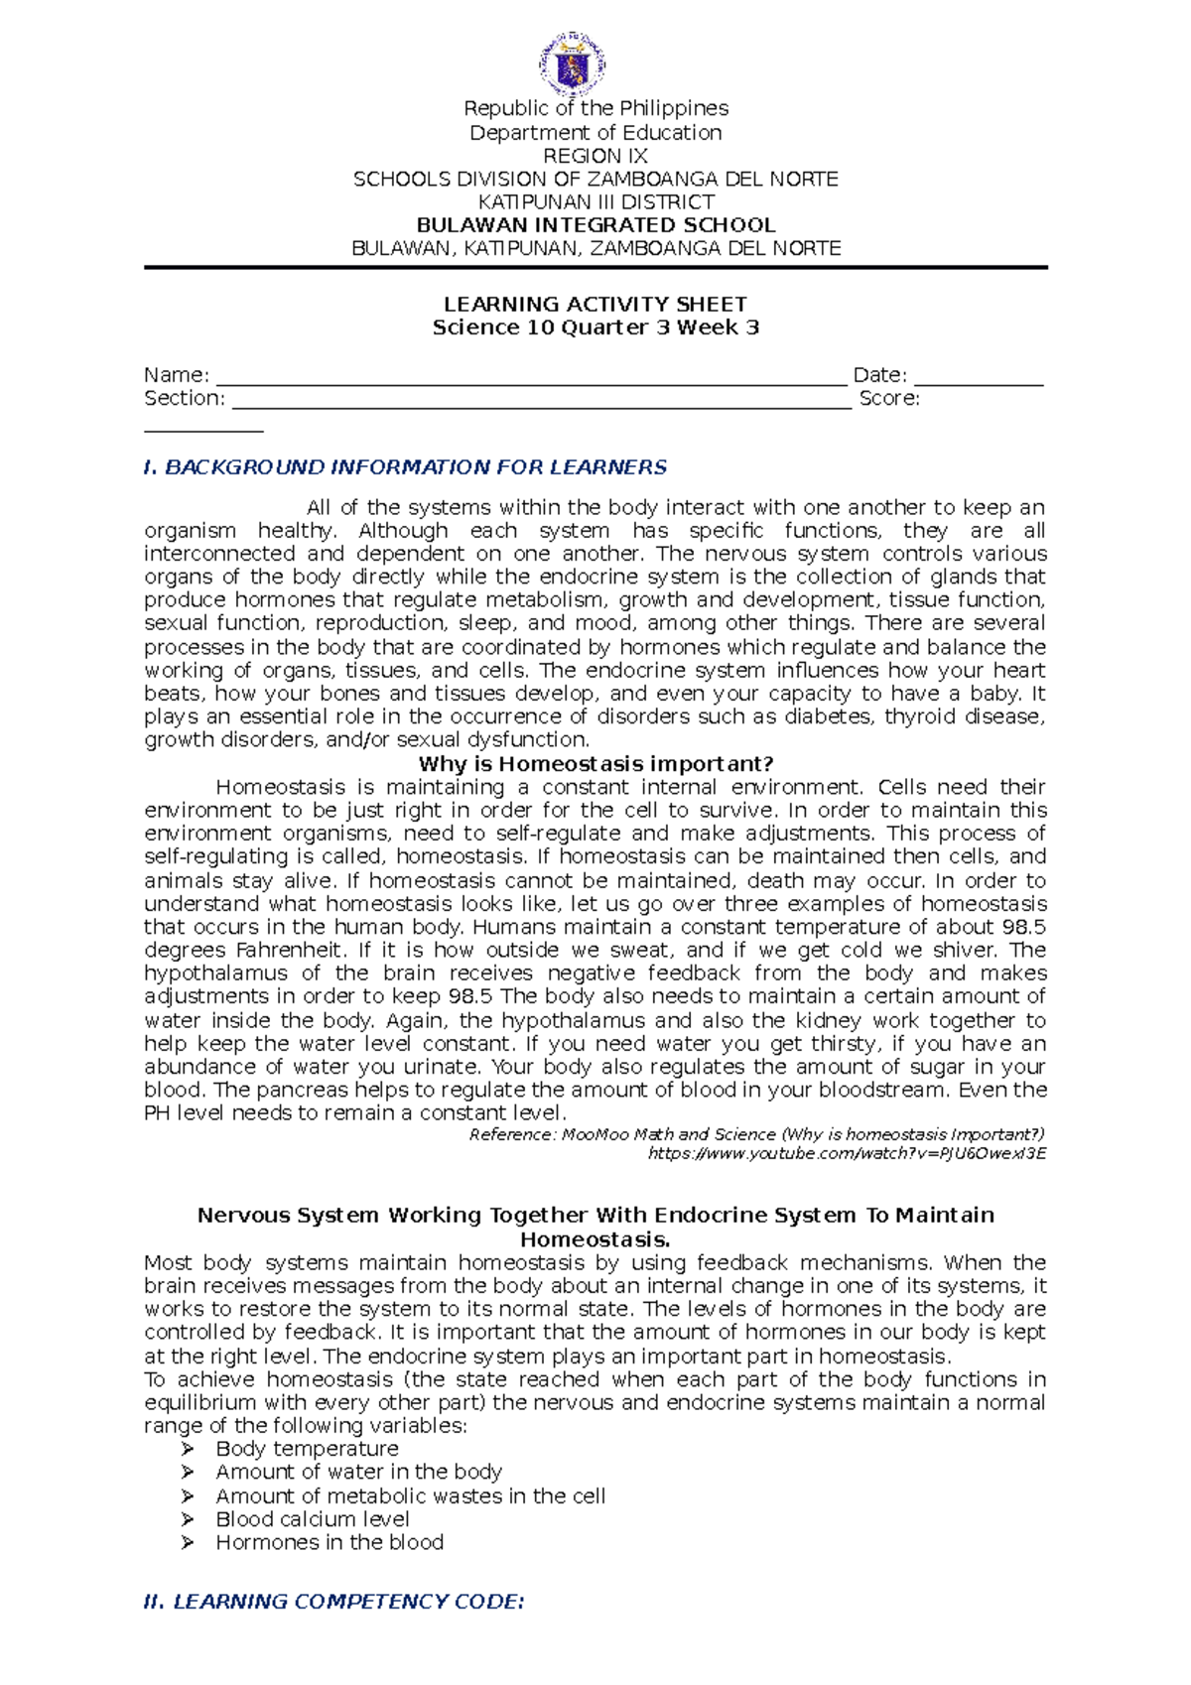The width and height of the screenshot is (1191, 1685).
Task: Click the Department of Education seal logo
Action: pyautogui.click(x=573, y=65)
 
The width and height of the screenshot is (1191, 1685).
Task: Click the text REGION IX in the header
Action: pyautogui.click(x=595, y=156)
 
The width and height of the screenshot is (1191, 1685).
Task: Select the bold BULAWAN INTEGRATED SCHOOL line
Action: pyautogui.click(x=595, y=225)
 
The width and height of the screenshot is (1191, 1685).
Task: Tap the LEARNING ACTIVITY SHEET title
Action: pyautogui.click(x=595, y=305)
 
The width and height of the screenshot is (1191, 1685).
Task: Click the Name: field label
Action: pyautogui.click(x=177, y=375)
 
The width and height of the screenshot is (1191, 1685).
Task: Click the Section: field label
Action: pyautogui.click(x=185, y=398)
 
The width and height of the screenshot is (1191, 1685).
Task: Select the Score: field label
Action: pyautogui.click(x=889, y=398)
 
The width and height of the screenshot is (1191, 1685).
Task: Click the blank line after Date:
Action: pyautogui.click(x=979, y=380)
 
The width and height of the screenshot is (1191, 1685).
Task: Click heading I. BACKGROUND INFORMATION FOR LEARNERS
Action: pyautogui.click(x=405, y=467)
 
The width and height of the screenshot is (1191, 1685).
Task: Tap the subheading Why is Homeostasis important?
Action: pyautogui.click(x=595, y=764)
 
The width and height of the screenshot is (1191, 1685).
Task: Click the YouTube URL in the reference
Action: pyautogui.click(x=847, y=1153)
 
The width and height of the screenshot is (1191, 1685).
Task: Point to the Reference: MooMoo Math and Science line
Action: pyautogui.click(x=756, y=1134)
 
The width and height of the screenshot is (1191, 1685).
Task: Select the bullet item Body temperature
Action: pyautogui.click(x=307, y=1449)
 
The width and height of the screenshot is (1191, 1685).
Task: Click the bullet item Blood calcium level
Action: pyautogui.click(x=313, y=1519)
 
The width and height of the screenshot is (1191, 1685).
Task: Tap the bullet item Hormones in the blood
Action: pyautogui.click(x=330, y=1542)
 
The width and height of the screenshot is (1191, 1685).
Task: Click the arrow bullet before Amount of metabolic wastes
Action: pyautogui.click(x=188, y=1496)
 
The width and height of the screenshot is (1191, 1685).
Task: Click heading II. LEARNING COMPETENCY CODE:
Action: pyautogui.click(x=333, y=1602)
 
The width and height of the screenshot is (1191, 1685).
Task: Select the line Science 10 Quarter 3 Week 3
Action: pyautogui.click(x=595, y=327)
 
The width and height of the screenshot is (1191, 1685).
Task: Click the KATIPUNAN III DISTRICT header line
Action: pyautogui.click(x=595, y=202)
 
